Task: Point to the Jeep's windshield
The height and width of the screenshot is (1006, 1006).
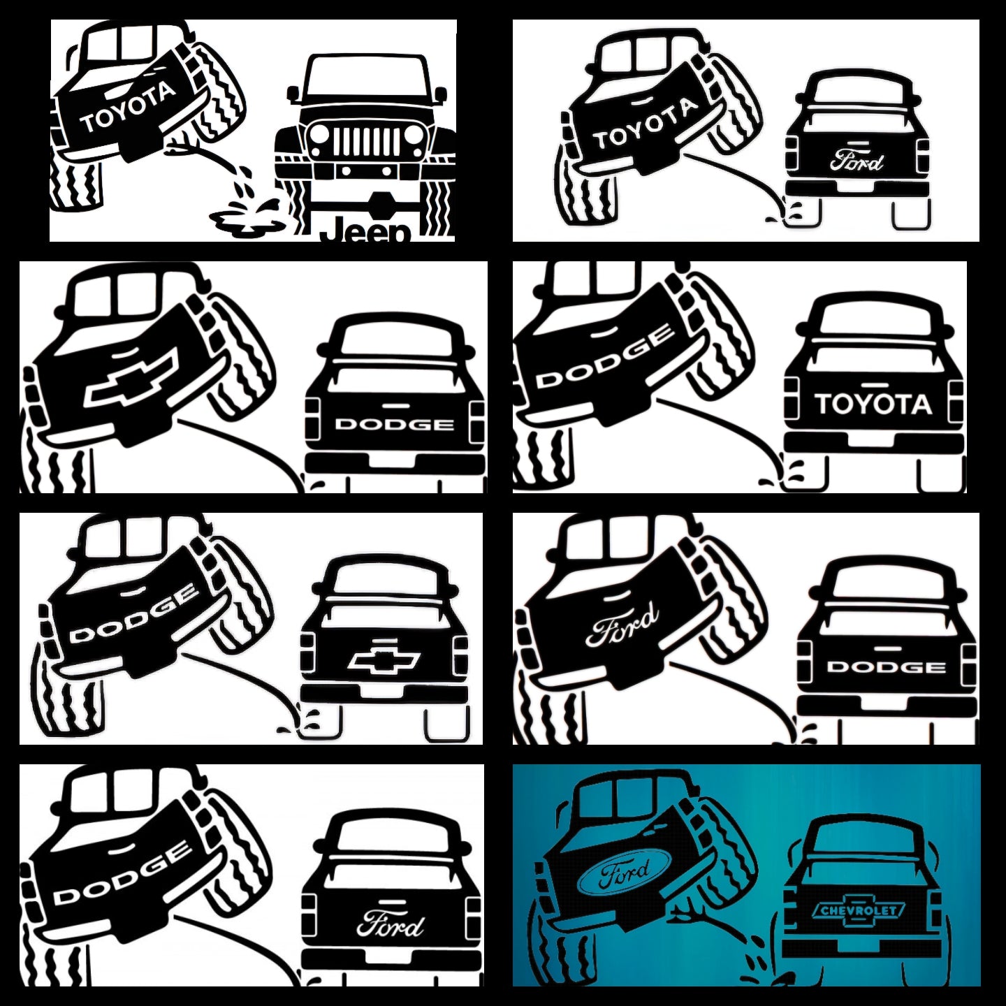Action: coord(365,78)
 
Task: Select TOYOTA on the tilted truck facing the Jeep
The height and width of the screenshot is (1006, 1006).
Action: coord(128,108)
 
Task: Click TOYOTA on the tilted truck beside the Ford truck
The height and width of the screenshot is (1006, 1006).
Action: coord(646,124)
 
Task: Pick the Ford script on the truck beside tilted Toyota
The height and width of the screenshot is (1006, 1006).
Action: coord(856,160)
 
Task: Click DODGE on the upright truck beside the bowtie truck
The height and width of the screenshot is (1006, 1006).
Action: coord(394,424)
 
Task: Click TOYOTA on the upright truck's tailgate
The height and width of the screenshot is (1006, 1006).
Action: coord(873,404)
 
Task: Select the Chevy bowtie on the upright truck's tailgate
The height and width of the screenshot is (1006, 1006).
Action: coord(384,659)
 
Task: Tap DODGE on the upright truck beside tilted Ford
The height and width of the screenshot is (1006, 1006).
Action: coord(887,667)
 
